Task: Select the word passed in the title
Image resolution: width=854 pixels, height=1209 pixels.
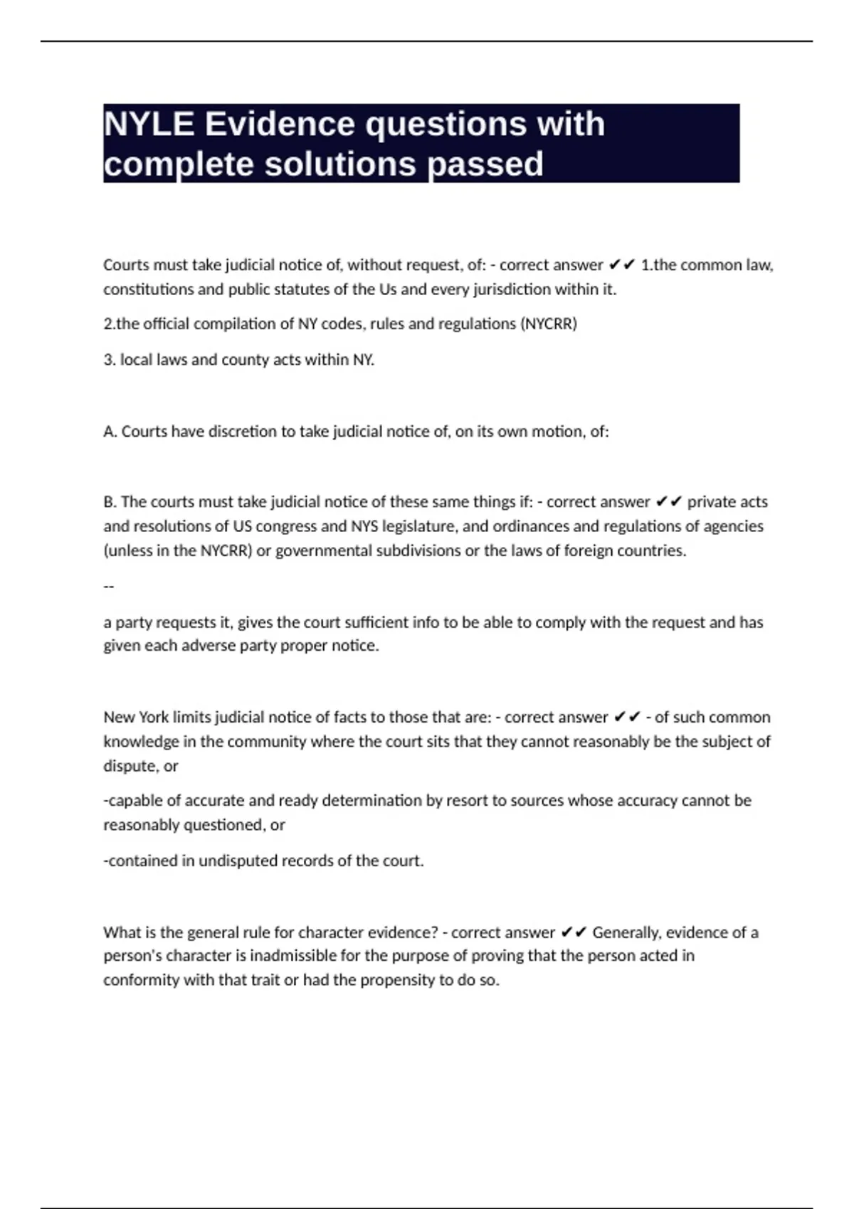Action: pyautogui.click(x=485, y=164)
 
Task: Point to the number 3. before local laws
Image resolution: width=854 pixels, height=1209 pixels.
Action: pyautogui.click(x=110, y=360)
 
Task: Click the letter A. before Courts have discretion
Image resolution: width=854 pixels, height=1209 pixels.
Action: pyautogui.click(x=110, y=432)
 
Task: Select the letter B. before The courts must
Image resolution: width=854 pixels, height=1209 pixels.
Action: pyautogui.click(x=110, y=502)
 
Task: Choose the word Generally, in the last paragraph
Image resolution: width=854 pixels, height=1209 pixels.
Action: pyautogui.click(x=626, y=932)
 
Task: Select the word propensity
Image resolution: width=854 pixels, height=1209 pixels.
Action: pyautogui.click(x=396, y=980)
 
